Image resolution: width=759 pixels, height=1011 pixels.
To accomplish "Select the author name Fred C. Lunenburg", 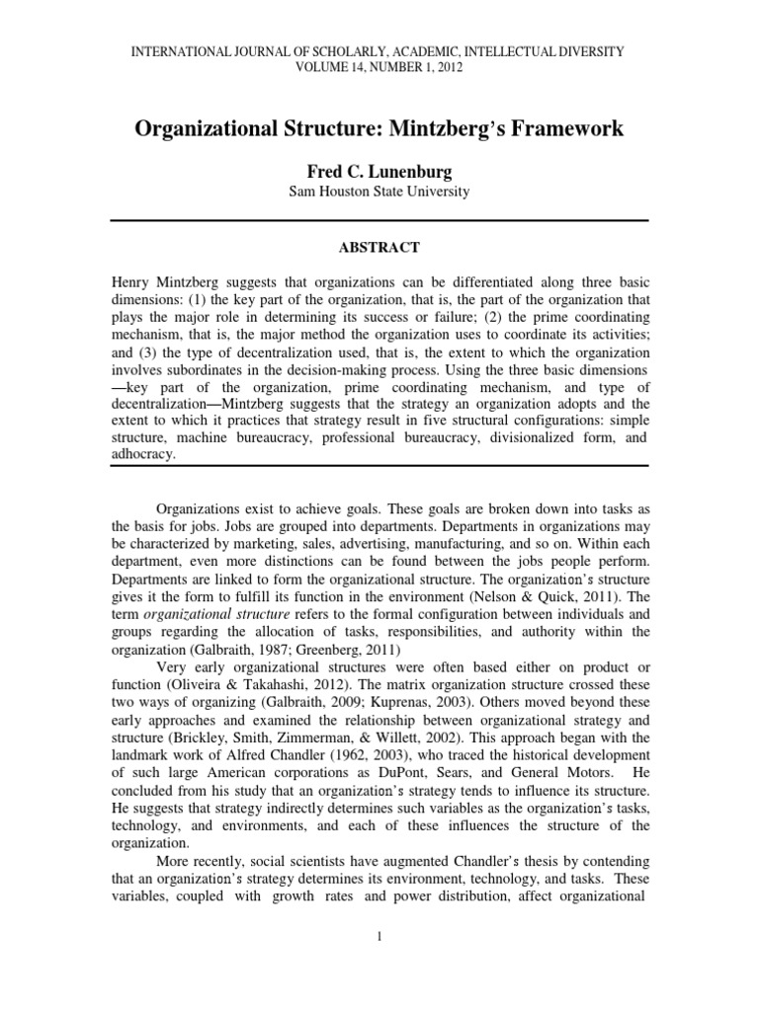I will pos(379,171).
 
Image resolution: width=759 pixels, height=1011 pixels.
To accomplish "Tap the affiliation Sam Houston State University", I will pos(379,192).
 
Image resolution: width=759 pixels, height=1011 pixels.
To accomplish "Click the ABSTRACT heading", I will pos(379,247).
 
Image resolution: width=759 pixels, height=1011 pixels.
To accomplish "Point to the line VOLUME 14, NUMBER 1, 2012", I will pos(379,68).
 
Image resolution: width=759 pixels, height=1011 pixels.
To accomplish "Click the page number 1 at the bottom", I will pos(379,937).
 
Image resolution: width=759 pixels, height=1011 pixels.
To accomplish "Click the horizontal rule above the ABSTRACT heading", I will pos(379,219).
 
